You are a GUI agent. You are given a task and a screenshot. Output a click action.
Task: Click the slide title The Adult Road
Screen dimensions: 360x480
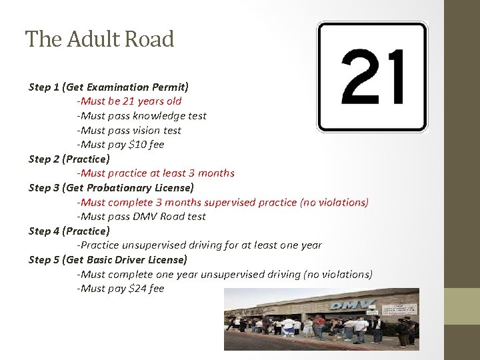(99, 39)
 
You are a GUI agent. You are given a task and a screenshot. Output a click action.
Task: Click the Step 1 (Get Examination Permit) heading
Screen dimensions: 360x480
(109, 87)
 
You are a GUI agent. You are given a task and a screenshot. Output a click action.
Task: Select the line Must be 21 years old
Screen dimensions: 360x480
(129, 101)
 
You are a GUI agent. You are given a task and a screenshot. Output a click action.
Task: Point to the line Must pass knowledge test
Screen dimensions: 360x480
(142, 116)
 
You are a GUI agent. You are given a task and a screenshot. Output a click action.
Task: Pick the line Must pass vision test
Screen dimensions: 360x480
(129, 131)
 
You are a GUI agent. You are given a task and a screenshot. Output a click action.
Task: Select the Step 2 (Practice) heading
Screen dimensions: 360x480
(69, 159)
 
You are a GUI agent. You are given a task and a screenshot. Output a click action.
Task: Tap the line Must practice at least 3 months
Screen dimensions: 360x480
(156, 173)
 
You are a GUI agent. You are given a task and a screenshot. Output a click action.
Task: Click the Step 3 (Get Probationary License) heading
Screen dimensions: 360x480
(111, 188)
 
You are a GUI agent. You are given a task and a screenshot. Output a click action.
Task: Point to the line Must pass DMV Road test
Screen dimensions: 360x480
(142, 217)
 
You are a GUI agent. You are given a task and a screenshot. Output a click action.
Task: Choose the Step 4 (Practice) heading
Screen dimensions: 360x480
(69, 231)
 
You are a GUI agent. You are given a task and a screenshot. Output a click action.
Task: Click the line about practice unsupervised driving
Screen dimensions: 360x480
(200, 245)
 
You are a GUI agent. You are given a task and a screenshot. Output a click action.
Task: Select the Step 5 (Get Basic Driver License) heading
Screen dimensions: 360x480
(108, 260)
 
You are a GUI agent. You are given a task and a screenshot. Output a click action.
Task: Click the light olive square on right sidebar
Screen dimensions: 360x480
(462, 306)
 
